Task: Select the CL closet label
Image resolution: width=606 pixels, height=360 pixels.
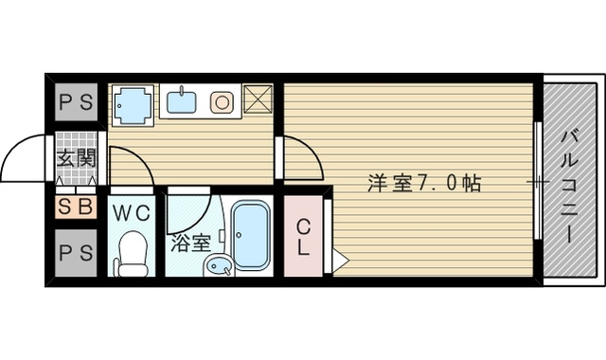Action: click(302, 237)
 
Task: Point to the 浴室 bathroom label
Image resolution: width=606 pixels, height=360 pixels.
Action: click(190, 243)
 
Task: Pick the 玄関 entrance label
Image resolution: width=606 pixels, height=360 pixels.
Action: click(74, 159)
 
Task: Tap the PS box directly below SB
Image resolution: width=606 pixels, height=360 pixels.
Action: click(74, 255)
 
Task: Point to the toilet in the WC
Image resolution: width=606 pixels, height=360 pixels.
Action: click(133, 254)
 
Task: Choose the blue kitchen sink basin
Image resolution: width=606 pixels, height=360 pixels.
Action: click(181, 99)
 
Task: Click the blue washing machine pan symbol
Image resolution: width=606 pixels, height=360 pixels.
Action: click(132, 104)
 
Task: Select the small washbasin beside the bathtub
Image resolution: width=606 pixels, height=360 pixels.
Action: click(218, 265)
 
